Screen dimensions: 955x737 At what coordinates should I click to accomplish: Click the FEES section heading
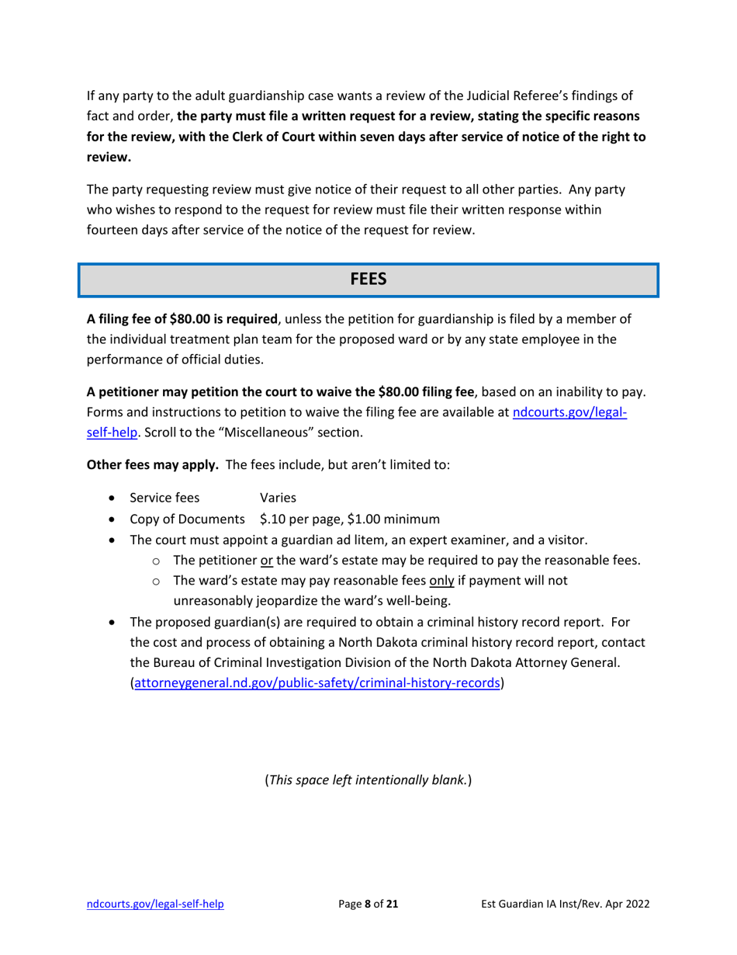click(368, 280)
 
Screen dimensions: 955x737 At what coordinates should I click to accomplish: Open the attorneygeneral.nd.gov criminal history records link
click(317, 683)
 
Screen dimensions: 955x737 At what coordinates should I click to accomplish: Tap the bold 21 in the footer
click(393, 904)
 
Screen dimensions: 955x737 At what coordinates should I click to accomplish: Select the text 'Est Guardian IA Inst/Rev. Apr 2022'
click(565, 904)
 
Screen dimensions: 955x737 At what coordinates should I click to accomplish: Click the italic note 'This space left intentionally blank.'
click(368, 779)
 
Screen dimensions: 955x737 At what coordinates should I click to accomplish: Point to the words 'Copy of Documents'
click(187, 519)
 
